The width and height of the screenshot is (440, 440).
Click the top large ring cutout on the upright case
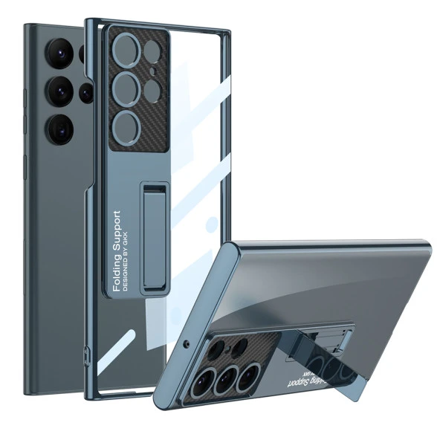[126, 54]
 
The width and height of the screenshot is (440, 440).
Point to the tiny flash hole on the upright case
[152, 72]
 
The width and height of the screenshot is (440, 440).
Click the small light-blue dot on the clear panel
[213, 223]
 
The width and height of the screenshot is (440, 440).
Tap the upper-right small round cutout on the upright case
[152, 52]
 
